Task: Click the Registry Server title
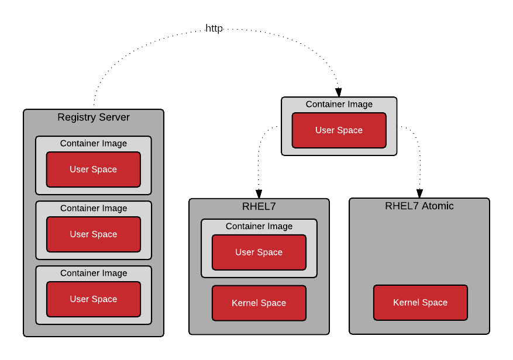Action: tap(94, 117)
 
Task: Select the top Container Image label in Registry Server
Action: tap(94, 144)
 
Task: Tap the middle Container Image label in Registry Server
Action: tap(94, 209)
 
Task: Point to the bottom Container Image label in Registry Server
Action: tap(94, 274)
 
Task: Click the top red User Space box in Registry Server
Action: tap(94, 169)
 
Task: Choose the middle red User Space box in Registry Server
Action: tap(94, 234)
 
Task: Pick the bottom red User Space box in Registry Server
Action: tap(94, 299)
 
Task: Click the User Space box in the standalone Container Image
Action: tap(339, 130)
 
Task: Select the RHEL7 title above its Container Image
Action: tap(259, 206)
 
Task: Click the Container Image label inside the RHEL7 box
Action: tap(259, 227)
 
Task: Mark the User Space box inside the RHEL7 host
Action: tap(259, 252)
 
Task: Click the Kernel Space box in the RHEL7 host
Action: tap(259, 303)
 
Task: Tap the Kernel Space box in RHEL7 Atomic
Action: tap(421, 303)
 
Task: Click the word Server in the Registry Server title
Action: tap(115, 117)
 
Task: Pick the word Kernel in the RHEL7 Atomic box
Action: tap(407, 303)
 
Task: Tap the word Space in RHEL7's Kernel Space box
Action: tap(274, 303)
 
